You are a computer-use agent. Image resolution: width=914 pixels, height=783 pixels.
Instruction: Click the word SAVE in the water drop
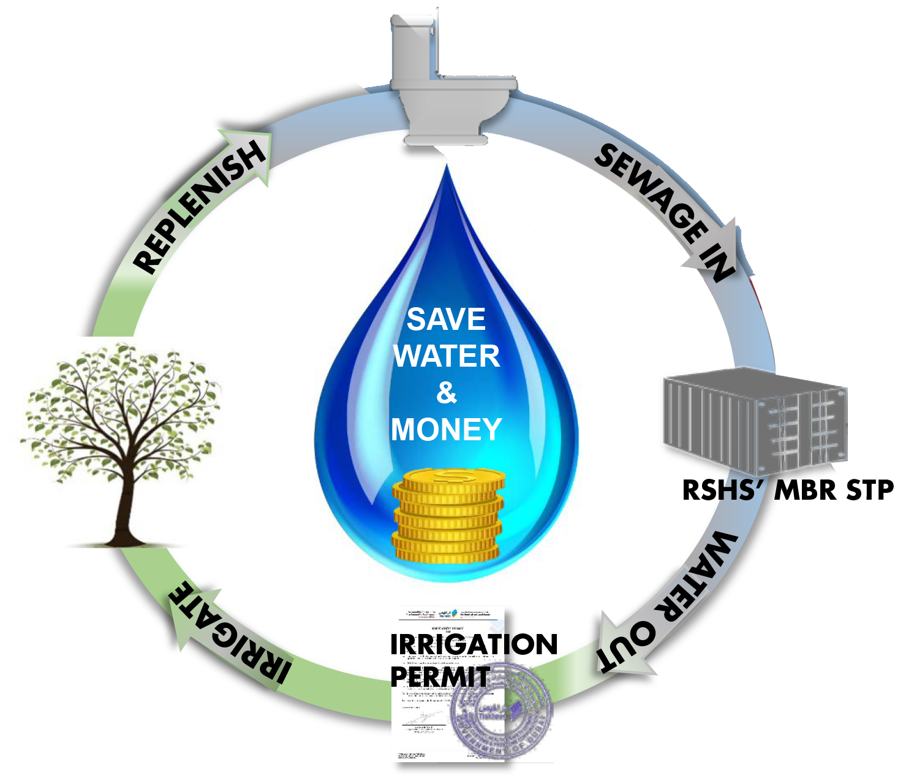[x=446, y=319]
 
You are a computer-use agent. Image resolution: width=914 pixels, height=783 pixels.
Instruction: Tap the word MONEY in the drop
[x=447, y=429]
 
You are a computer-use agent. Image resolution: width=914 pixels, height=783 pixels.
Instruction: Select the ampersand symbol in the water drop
[x=447, y=393]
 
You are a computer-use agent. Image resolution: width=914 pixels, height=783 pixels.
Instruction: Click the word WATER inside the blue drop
[x=447, y=356]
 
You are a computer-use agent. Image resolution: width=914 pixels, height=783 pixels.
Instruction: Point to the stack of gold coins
[x=448, y=515]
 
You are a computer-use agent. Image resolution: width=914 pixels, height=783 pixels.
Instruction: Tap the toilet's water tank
[x=414, y=43]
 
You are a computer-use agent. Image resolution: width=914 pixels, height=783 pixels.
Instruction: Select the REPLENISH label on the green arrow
[x=199, y=208]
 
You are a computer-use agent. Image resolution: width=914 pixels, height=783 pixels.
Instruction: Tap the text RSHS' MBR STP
[x=788, y=491]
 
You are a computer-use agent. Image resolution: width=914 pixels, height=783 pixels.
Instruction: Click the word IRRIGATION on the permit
[x=474, y=644]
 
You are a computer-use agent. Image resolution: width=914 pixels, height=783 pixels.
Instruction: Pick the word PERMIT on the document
[x=440, y=677]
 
